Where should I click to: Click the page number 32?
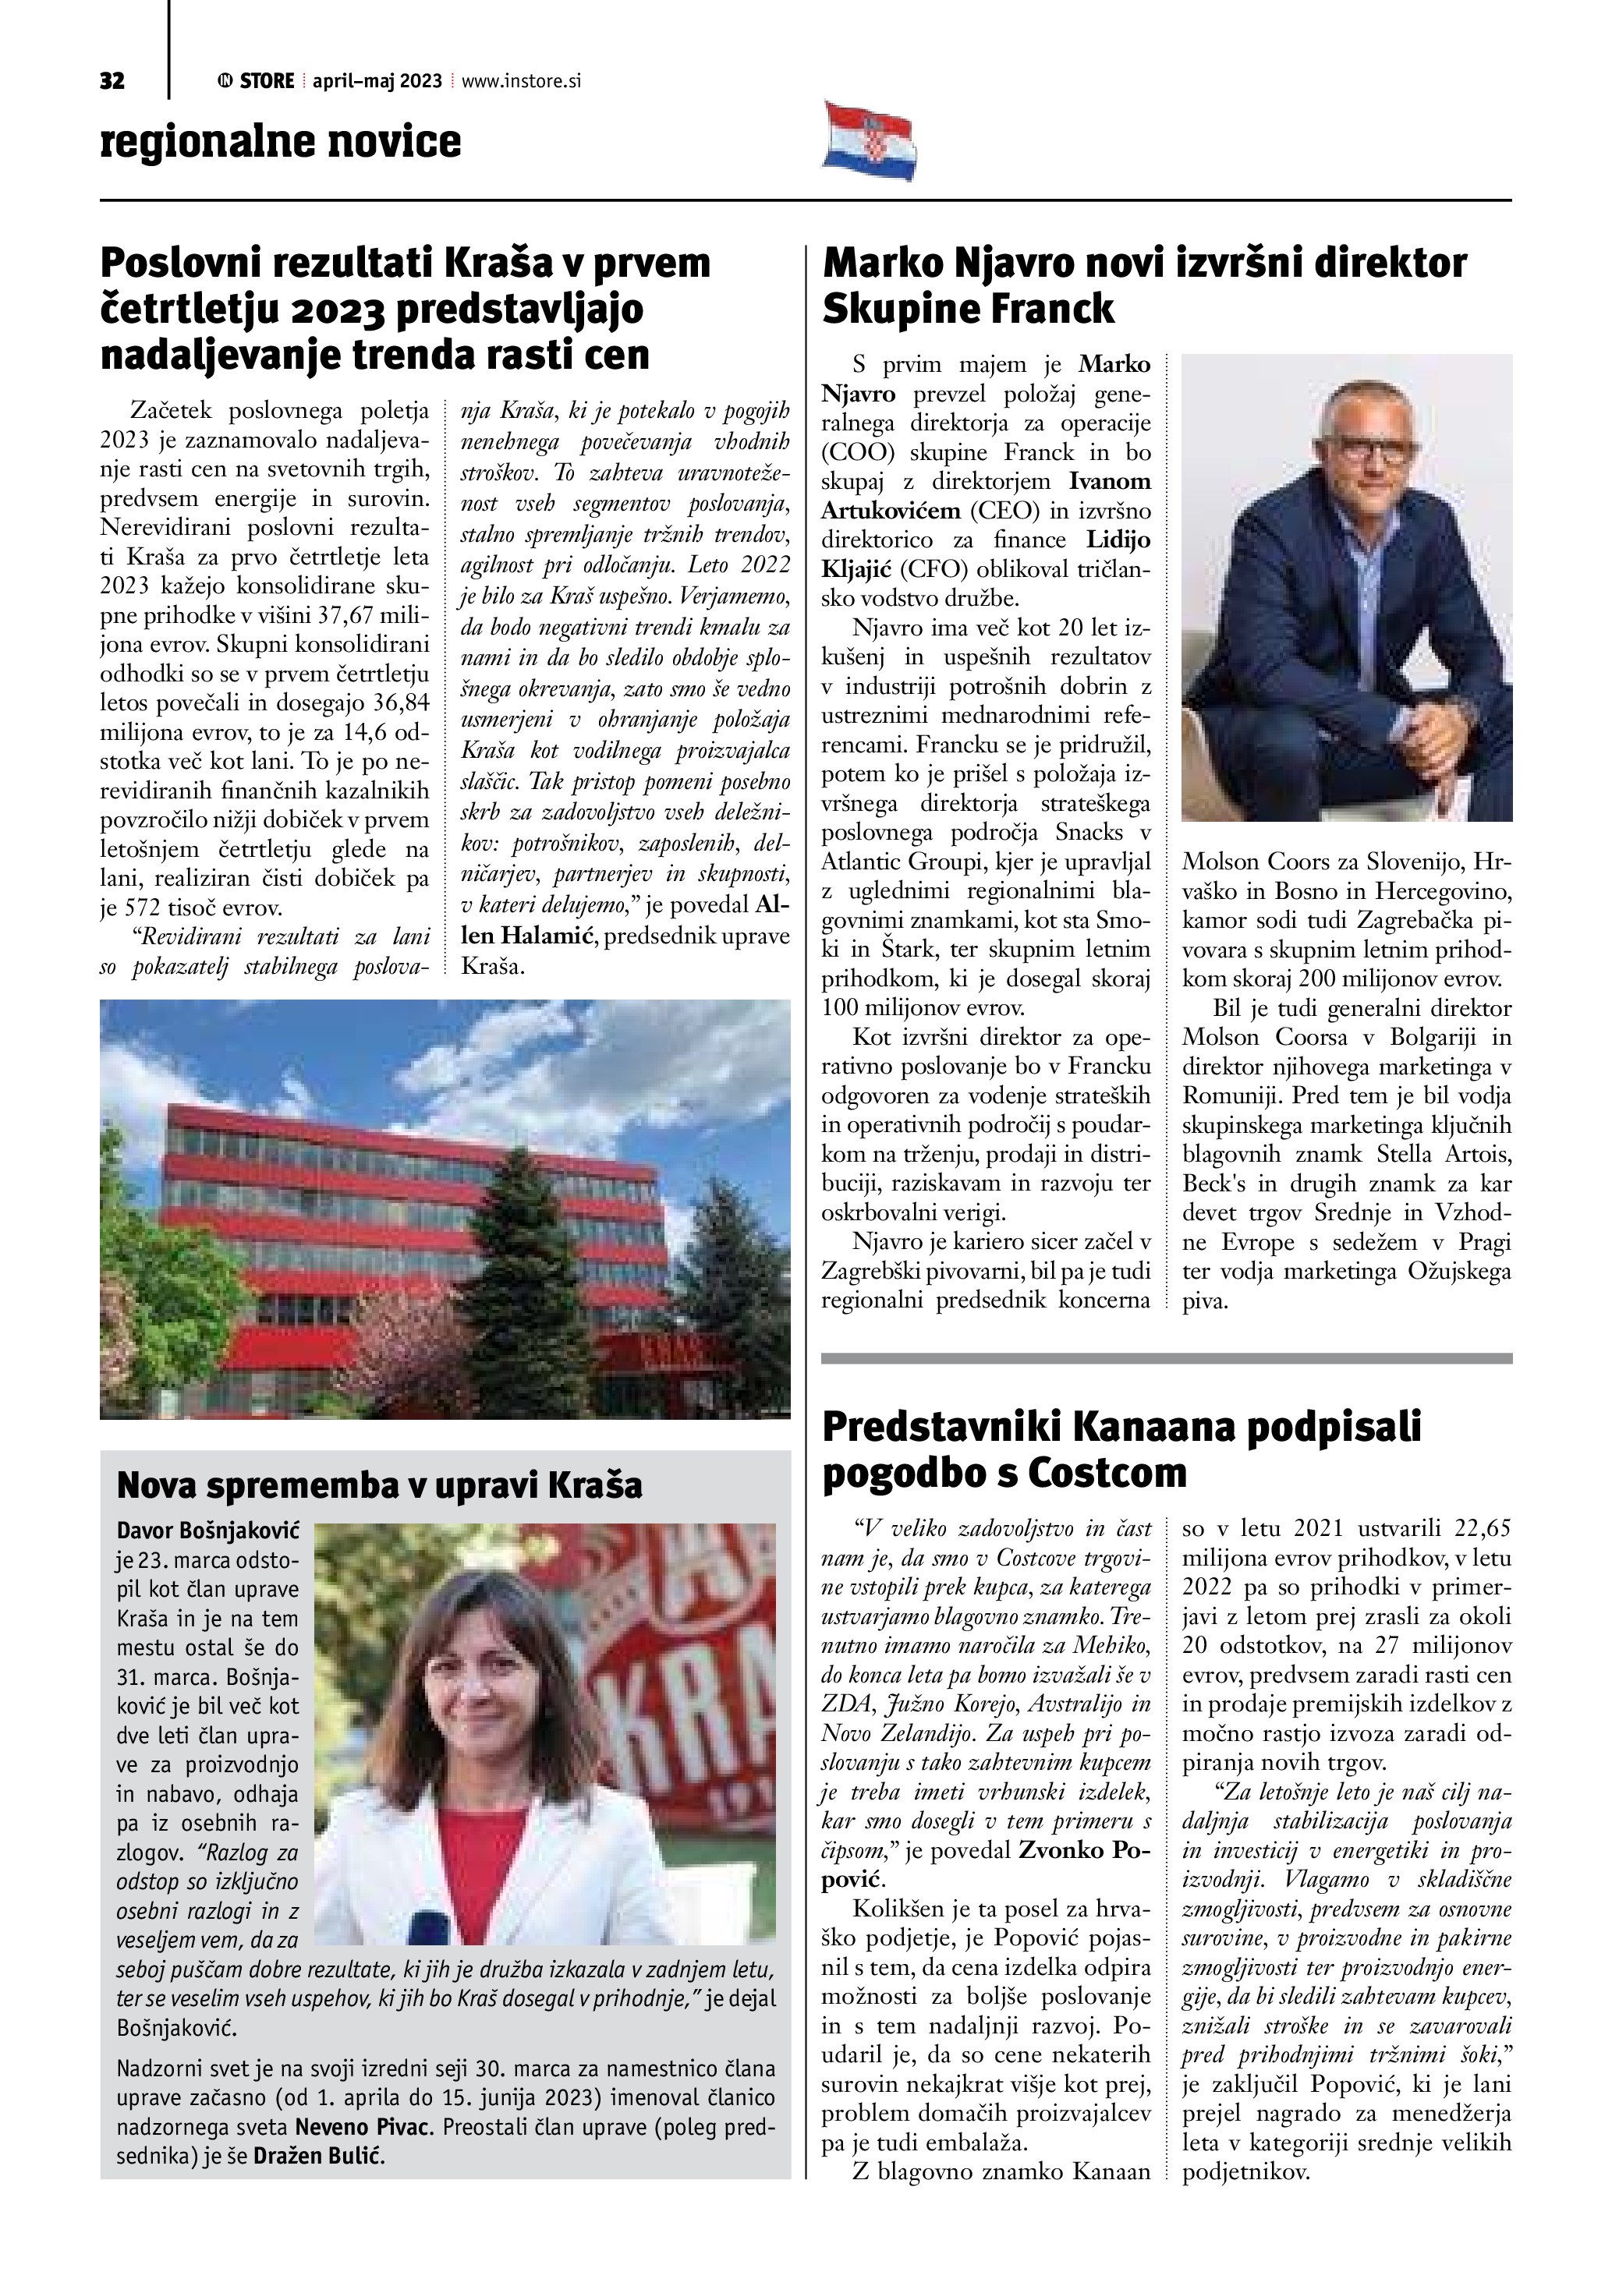point(112,81)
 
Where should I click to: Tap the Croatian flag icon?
point(870,141)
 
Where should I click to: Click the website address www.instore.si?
point(521,81)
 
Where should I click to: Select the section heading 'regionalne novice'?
point(281,141)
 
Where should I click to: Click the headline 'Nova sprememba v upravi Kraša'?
point(379,1486)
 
